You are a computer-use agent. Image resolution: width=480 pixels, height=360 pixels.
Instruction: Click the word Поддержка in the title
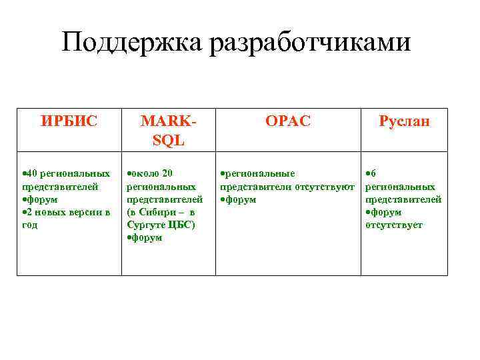coord(132,44)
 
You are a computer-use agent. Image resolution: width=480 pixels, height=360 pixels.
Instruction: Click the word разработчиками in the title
coord(310,44)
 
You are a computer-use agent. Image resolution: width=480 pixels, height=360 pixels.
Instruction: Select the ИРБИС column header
coord(69,121)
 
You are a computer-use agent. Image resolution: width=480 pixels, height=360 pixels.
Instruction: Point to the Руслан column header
coord(404,121)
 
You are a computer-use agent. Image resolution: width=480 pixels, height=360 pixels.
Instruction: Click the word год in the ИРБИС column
coord(30,225)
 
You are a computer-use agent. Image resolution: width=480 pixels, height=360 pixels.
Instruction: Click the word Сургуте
coord(143,225)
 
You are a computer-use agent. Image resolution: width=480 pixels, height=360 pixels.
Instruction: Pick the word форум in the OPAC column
coord(241,199)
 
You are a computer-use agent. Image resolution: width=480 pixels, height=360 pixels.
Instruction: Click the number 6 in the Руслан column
coord(373,174)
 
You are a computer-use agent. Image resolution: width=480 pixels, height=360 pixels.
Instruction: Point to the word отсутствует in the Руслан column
coord(394,225)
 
